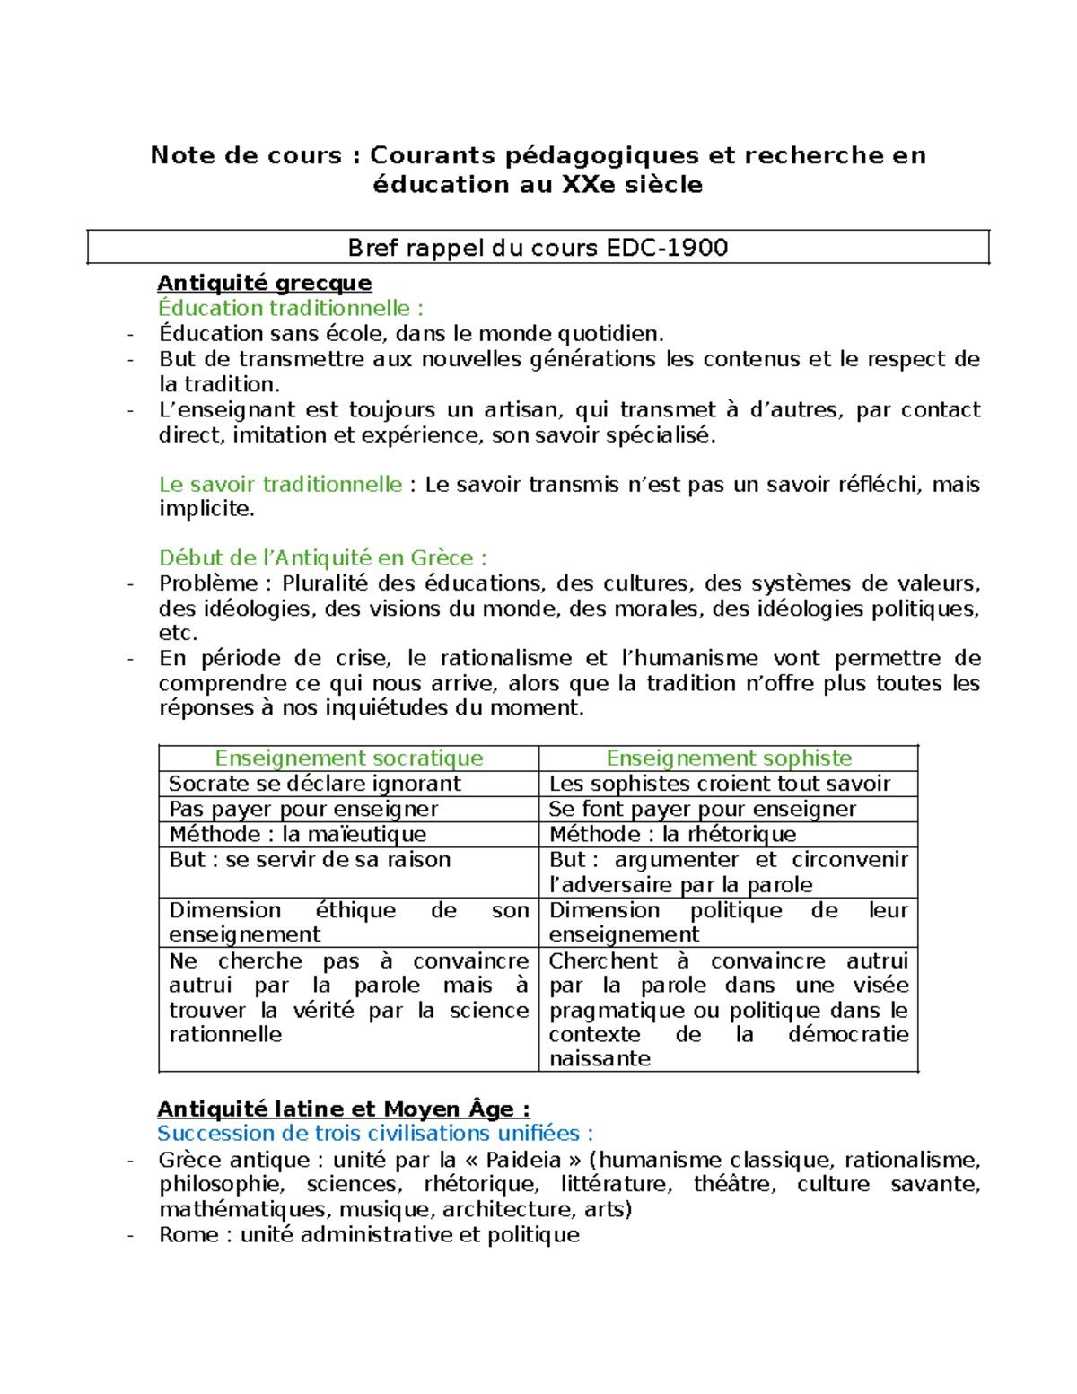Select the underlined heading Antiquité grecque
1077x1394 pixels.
point(264,283)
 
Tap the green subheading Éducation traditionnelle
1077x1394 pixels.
point(290,308)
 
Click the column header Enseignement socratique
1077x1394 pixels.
point(348,758)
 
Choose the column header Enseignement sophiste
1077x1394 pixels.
point(729,758)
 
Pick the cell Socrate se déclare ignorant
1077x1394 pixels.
point(314,784)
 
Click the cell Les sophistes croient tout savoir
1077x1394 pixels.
point(719,784)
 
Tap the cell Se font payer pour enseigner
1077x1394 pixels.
point(702,809)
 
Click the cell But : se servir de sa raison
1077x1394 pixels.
point(310,860)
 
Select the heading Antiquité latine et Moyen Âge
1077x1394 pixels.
point(343,1109)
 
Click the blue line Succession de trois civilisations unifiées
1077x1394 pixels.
point(374,1133)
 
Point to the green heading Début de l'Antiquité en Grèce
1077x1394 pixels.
point(322,557)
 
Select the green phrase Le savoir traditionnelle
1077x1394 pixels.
point(280,485)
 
